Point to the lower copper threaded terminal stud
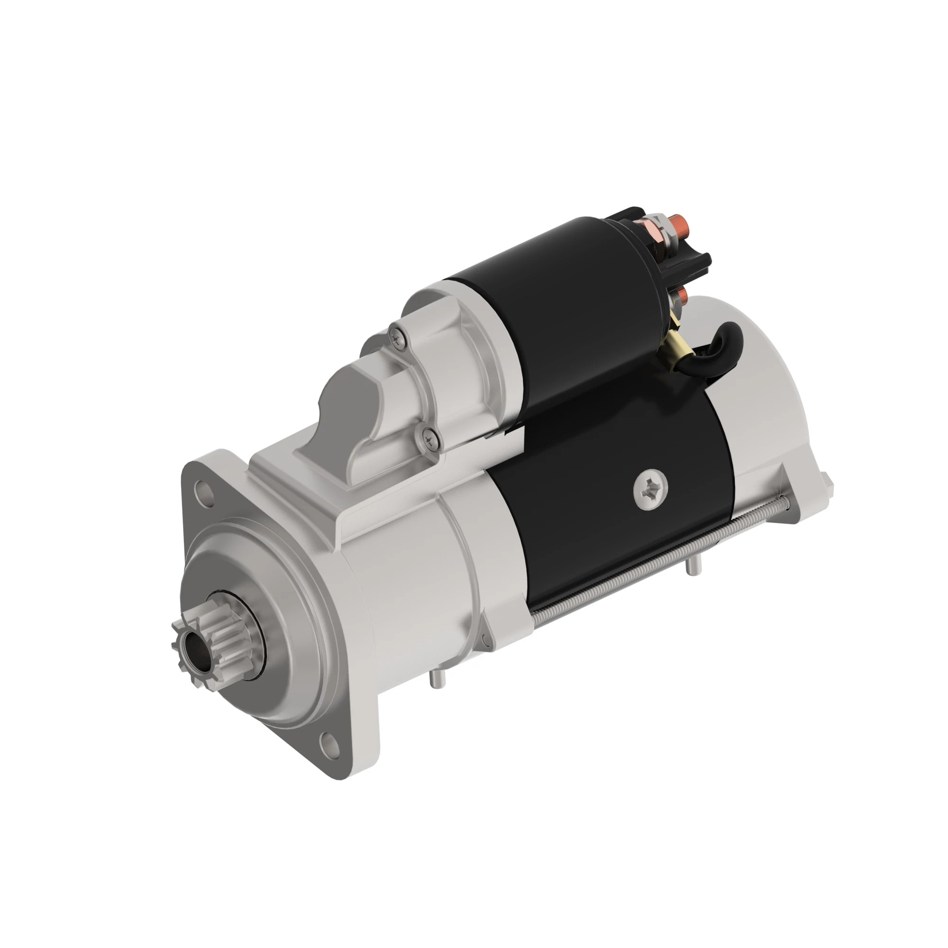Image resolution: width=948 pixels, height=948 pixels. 682,295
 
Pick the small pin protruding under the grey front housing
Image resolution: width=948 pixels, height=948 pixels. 435,680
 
